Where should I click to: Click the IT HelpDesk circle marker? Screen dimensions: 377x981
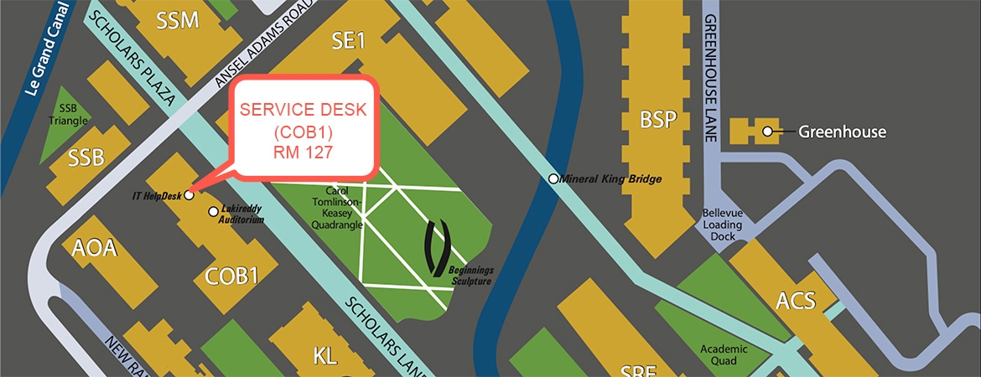tap(189, 195)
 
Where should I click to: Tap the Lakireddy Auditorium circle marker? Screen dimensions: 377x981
tap(214, 211)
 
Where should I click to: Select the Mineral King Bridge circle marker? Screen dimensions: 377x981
tap(553, 178)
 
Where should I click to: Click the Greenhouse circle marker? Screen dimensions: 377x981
tap(766, 131)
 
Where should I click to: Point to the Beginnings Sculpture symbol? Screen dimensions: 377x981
tap(439, 248)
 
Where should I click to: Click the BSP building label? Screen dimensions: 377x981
tap(657, 118)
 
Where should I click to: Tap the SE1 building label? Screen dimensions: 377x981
tap(349, 39)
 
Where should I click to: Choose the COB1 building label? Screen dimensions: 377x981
tap(231, 276)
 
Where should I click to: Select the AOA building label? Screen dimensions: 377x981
tap(95, 250)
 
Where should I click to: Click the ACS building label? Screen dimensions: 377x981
tap(796, 300)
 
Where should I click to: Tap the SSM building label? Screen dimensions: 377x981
tap(178, 20)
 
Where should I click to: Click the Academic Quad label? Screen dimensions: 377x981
tap(721, 355)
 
